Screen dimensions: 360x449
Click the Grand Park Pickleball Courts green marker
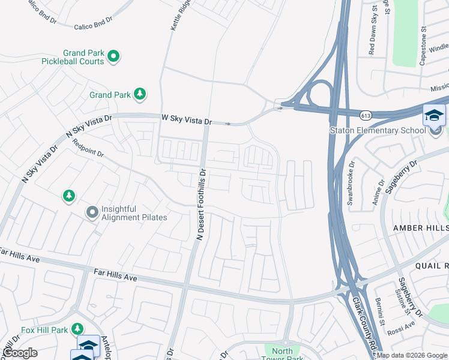[x=113, y=57]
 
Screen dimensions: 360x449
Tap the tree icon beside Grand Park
[x=140, y=94]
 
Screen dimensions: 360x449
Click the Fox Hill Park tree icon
[x=77, y=329]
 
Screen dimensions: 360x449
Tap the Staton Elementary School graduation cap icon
[x=434, y=115]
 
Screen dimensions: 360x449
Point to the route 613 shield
[x=365, y=114]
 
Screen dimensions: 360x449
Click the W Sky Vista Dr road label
[x=187, y=121]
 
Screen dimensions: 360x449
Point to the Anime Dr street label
[x=378, y=192]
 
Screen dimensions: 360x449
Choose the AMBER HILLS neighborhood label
[x=420, y=228]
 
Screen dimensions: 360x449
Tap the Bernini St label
[x=379, y=308]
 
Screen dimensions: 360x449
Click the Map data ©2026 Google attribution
[x=411, y=355]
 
